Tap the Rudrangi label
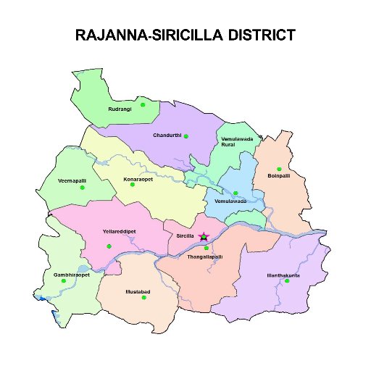[x=120, y=110]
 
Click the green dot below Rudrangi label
[x=143, y=105]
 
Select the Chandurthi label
[x=166, y=136]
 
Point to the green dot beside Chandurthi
[x=186, y=136]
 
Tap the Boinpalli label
[x=279, y=176]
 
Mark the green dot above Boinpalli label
[x=279, y=169]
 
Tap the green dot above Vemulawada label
[x=235, y=193]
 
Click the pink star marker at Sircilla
[x=204, y=237]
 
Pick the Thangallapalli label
[x=205, y=257]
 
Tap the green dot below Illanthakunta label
[x=287, y=281]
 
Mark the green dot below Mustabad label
[x=144, y=299]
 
